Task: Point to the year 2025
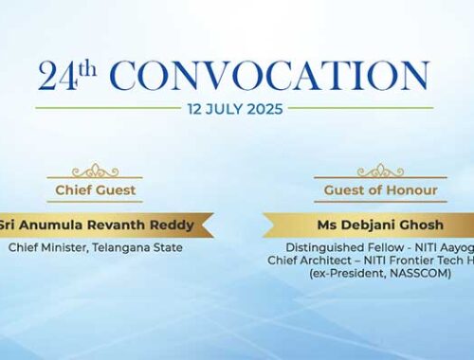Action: click(264, 108)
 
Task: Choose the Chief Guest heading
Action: click(96, 190)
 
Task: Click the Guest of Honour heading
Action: click(379, 190)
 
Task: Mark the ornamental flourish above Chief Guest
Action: click(96, 171)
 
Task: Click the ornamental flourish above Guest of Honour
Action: click(379, 171)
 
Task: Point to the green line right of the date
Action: click(360, 108)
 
